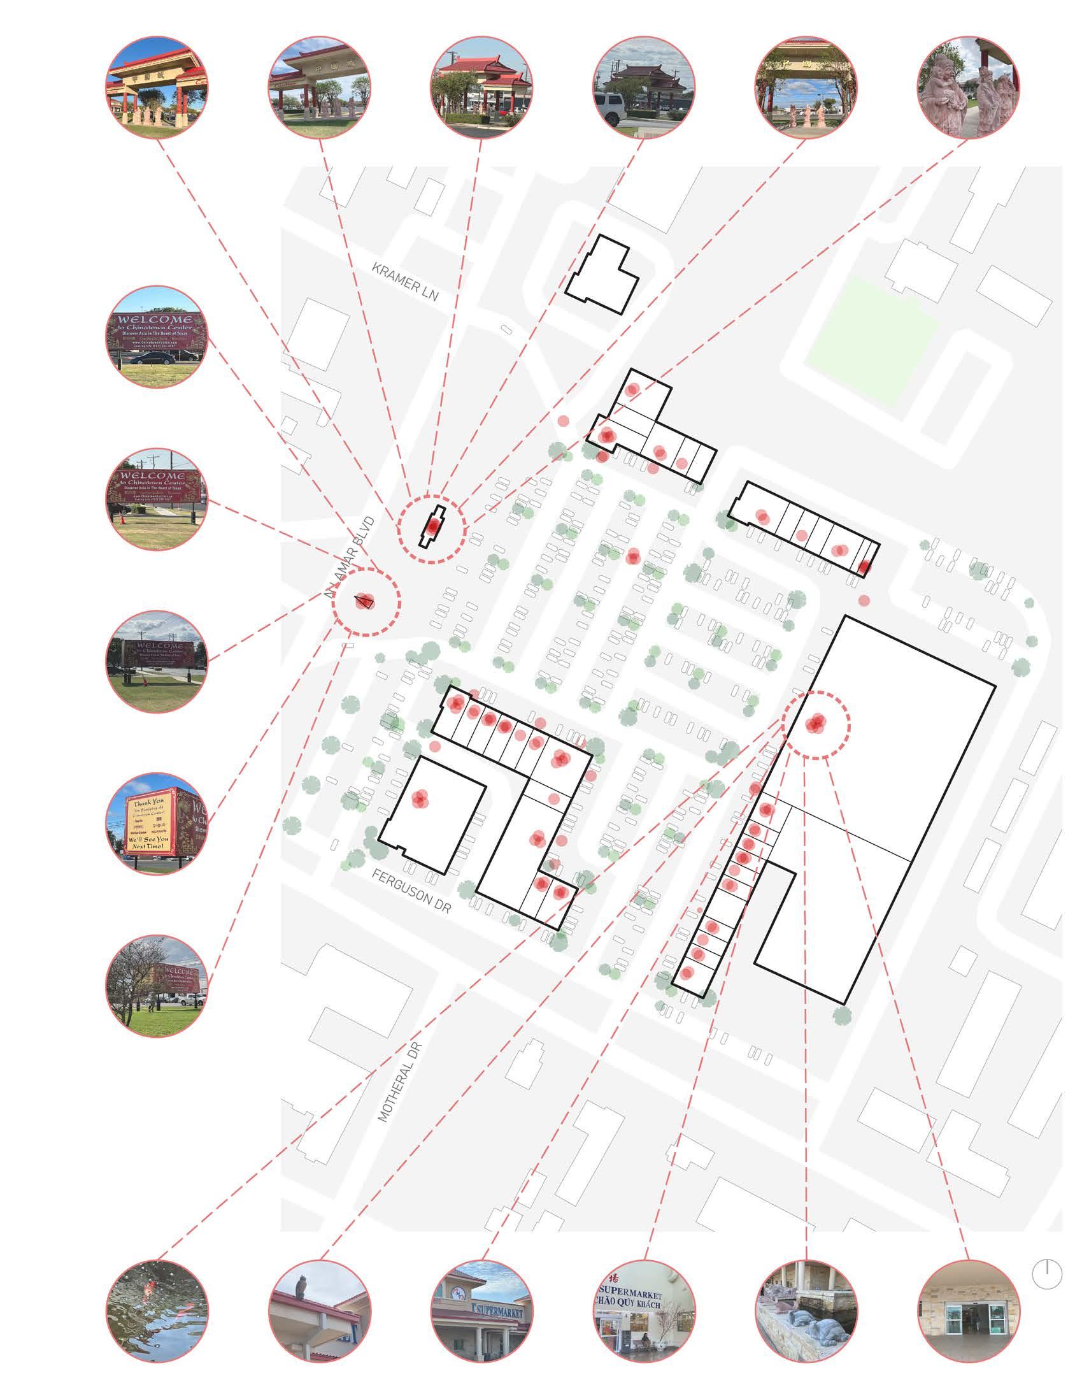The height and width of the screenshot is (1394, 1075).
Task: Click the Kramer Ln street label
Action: (x=406, y=282)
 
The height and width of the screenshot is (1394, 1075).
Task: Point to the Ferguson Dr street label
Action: (x=411, y=891)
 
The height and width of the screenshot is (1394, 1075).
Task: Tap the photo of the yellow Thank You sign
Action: (x=157, y=823)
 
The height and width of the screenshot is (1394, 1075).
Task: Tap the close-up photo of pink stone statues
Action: (x=969, y=87)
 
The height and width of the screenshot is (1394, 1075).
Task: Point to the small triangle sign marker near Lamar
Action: (x=364, y=601)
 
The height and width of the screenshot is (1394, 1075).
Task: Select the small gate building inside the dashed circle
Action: (x=432, y=528)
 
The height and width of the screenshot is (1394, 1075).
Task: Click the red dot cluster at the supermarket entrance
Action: (x=816, y=724)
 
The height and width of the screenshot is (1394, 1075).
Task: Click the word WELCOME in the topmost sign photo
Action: (x=157, y=319)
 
